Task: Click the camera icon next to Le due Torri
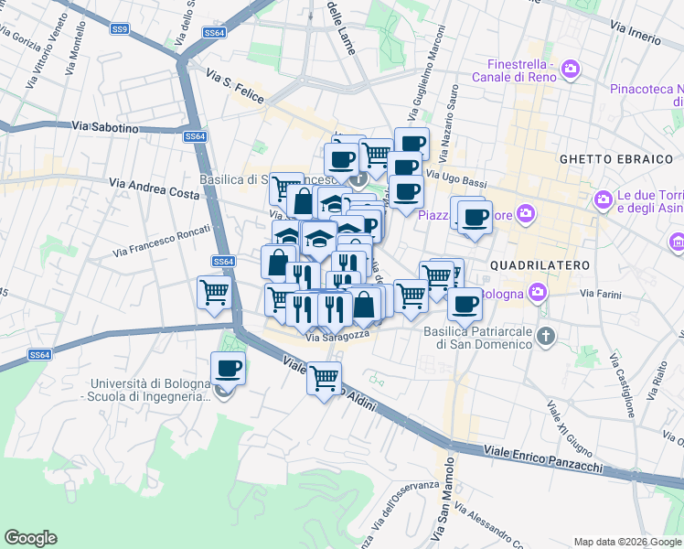tap(603, 199)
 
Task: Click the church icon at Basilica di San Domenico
tap(546, 336)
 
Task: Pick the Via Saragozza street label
tap(337, 338)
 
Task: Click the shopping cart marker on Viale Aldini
tap(324, 377)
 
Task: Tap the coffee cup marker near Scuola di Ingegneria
tap(228, 369)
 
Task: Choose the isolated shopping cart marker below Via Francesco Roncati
tap(214, 293)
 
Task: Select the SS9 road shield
tap(120, 29)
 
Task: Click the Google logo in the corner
tap(30, 538)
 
